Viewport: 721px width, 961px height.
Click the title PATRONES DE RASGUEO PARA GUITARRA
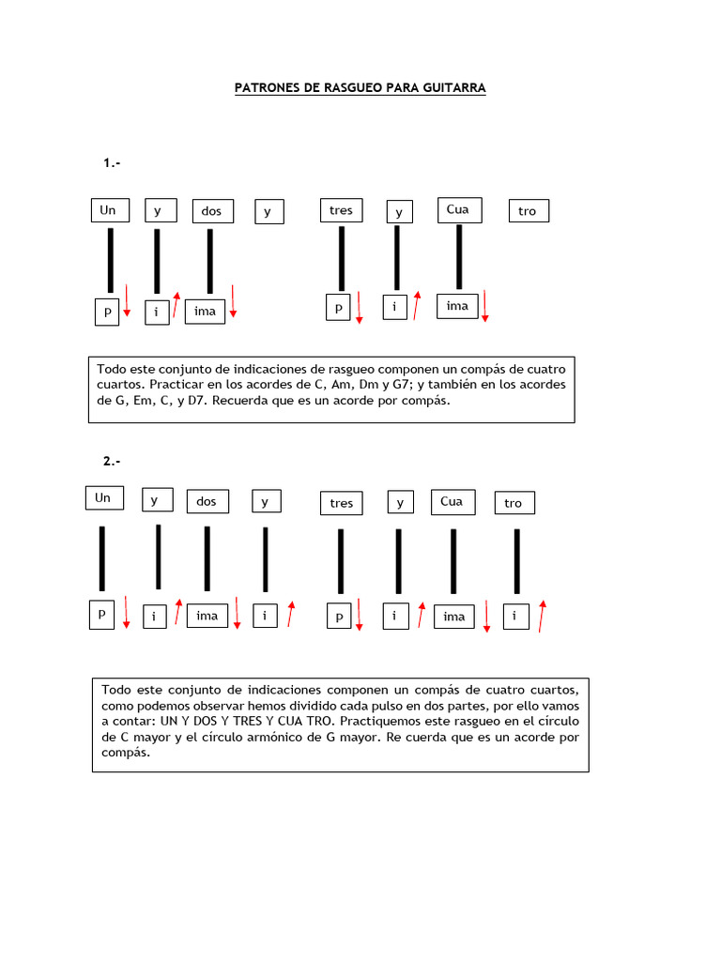(x=360, y=87)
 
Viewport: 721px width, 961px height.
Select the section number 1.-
(x=112, y=163)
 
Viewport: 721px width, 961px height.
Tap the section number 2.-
(x=112, y=461)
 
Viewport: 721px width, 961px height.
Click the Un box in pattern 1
(x=108, y=210)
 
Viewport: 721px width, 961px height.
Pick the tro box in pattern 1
(x=528, y=211)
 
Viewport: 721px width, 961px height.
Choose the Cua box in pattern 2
(x=452, y=501)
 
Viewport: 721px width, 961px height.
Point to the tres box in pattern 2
(x=342, y=504)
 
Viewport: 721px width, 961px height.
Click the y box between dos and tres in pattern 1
(x=268, y=211)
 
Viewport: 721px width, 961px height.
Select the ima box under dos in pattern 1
(x=205, y=311)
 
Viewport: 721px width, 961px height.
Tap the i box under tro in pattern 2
(x=515, y=616)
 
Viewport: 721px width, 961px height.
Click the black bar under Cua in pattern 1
(x=459, y=256)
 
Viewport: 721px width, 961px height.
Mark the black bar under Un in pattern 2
(x=101, y=558)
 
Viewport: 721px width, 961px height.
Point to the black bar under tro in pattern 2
(x=516, y=561)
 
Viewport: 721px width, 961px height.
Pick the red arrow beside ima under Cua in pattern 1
(x=485, y=306)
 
